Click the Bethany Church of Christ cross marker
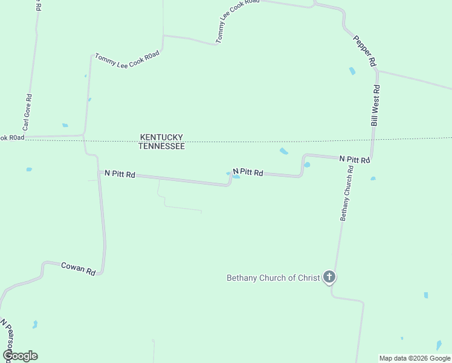(329, 277)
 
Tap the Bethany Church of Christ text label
(273, 278)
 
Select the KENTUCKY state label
(161, 137)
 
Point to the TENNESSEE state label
(161, 146)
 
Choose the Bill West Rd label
(375, 105)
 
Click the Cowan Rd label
(79, 269)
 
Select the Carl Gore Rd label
(27, 113)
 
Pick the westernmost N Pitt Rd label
(120, 174)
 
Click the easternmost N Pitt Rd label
(354, 159)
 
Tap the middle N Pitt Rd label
(248, 173)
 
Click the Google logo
(20, 356)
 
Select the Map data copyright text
(415, 358)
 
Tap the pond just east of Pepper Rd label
(352, 71)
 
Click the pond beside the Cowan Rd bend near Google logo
(34, 324)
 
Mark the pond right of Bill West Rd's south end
(373, 178)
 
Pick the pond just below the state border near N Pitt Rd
(283, 151)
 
